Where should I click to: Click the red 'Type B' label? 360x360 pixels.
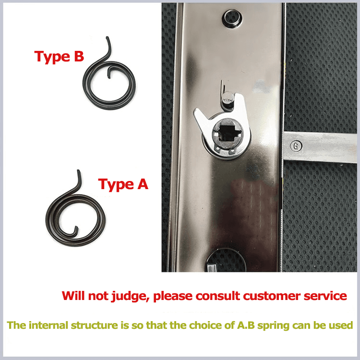click(x=59, y=57)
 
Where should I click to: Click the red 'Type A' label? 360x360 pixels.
click(x=123, y=184)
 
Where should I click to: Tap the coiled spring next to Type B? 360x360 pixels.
click(x=110, y=81)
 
